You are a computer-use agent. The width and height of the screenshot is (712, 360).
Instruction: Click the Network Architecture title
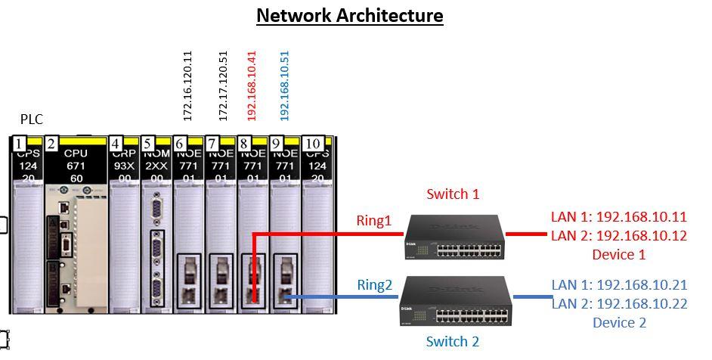coord(349,15)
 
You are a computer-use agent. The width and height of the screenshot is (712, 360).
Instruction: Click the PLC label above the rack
coord(32,119)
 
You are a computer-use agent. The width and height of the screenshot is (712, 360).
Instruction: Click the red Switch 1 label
coord(453,194)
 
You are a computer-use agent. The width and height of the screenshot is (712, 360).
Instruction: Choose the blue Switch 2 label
coord(452,342)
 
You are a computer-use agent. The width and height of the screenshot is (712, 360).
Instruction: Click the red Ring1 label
coord(374,221)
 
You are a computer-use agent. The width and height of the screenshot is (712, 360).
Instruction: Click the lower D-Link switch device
coord(454,300)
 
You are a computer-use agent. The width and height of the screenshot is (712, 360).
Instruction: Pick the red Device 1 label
coord(619,254)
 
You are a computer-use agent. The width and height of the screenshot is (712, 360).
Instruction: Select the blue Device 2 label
coord(619,323)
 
